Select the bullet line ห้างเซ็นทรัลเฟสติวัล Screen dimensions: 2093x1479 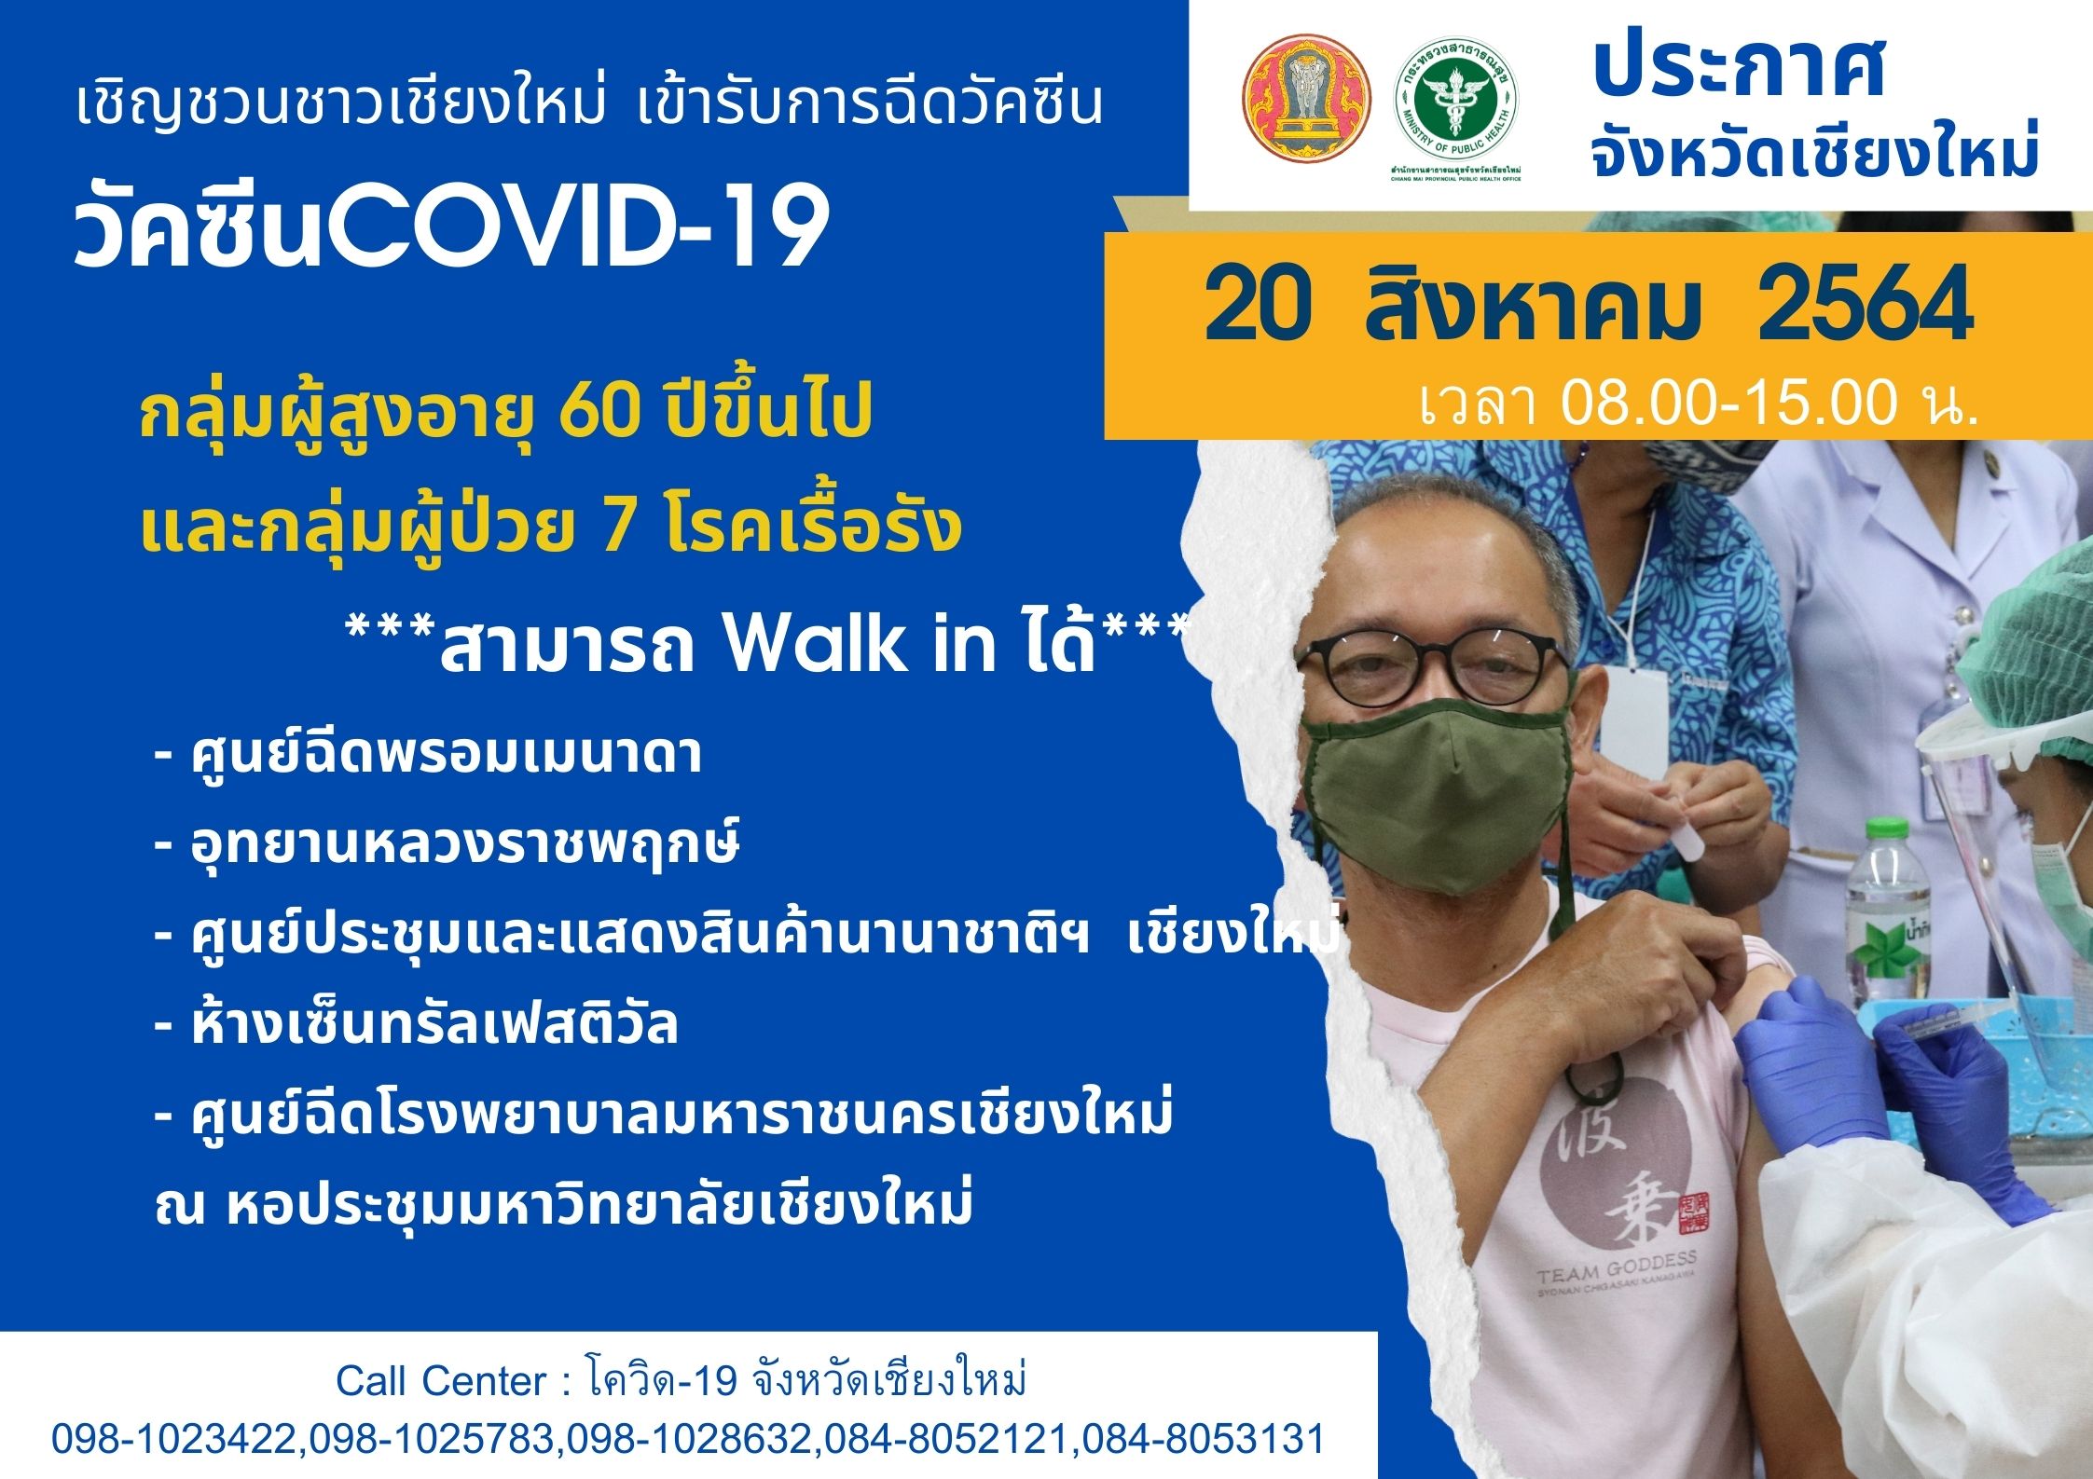[x=416, y=1025]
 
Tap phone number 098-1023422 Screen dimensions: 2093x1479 [x=177, y=1439]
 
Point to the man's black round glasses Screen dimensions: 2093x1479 [x=1433, y=666]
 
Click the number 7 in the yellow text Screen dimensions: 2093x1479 [x=621, y=527]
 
